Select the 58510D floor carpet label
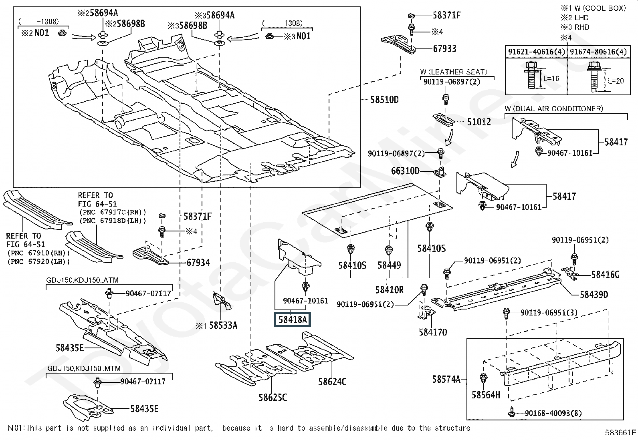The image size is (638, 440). [384, 99]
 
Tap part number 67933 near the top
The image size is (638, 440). [444, 49]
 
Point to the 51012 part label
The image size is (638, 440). [479, 122]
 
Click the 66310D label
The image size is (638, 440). [405, 171]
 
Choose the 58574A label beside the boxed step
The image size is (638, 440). [446, 379]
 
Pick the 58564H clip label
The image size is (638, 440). [486, 395]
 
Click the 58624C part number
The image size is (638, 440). [332, 382]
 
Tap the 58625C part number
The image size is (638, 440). [273, 398]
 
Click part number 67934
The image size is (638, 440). [198, 263]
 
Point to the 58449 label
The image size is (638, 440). [389, 265]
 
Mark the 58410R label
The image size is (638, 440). [389, 289]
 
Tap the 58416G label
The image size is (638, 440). [605, 275]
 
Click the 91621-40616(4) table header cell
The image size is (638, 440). [536, 52]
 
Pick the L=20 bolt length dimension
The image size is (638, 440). [616, 81]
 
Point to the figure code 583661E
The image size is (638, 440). [621, 432]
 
